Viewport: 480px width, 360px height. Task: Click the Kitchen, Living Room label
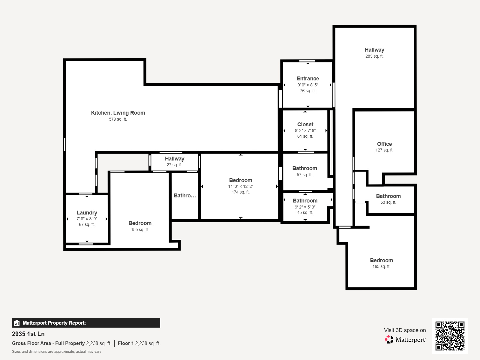[x=118, y=113]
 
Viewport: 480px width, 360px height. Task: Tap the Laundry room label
[x=87, y=213]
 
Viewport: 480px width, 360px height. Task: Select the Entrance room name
[x=308, y=79]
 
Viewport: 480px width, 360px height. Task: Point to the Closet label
[x=305, y=124]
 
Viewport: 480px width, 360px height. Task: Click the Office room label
[x=384, y=144]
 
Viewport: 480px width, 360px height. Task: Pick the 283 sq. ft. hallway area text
[x=374, y=56]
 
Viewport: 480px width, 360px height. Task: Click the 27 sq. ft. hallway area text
[x=175, y=165]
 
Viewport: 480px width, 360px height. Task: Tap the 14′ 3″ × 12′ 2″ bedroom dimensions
[x=241, y=186]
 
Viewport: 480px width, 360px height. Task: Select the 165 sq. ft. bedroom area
[x=381, y=266]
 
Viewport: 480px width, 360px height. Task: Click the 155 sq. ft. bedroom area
[x=140, y=229]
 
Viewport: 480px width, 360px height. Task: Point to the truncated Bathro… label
[x=185, y=196]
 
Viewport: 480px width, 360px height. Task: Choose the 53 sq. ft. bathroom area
[x=388, y=202]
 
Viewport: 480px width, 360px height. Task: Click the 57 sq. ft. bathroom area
[x=304, y=175]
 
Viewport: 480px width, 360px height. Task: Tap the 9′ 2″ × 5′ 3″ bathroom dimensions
[x=305, y=207]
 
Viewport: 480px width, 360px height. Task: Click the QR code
[x=450, y=336]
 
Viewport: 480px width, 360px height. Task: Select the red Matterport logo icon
[x=389, y=340]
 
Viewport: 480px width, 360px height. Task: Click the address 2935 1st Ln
[x=28, y=334]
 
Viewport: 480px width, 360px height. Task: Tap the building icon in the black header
[x=16, y=323]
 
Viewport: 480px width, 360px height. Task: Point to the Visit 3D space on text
[x=405, y=330]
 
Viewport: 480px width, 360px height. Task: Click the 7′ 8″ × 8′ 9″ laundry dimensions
[x=87, y=219]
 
